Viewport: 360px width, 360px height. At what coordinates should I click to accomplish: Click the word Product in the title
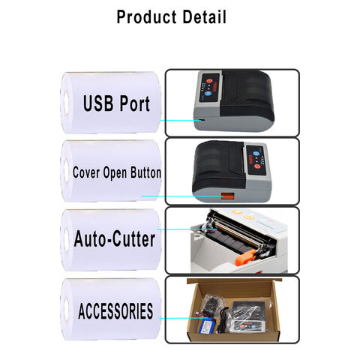pos(147,17)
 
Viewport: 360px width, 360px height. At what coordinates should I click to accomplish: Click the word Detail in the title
pos(204,16)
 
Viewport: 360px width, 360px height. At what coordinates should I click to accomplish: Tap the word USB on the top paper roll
pos(98,103)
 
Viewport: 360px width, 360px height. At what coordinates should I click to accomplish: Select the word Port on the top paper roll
pos(135,103)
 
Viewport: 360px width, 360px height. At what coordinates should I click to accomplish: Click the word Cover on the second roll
pos(86,172)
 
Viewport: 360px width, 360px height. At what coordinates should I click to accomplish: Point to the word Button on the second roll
pos(145,172)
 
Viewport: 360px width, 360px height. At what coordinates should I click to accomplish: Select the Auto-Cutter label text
pos(115,239)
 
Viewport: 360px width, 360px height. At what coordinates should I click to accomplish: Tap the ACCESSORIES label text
pos(115,311)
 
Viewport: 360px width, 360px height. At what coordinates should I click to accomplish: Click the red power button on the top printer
pos(209,81)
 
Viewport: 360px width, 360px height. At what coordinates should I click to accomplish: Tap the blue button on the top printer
pos(208,94)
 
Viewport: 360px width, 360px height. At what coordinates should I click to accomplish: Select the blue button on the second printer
pos(256,154)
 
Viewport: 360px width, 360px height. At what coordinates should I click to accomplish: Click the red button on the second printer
pos(257,166)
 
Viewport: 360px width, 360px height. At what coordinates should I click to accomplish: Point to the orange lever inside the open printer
pos(246,256)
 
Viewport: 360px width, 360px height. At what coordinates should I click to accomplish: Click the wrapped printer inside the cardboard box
pos(248,316)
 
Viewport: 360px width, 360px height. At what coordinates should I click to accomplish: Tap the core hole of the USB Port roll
pos(67,103)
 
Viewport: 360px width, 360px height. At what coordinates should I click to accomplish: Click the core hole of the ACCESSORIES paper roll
pos(67,310)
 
